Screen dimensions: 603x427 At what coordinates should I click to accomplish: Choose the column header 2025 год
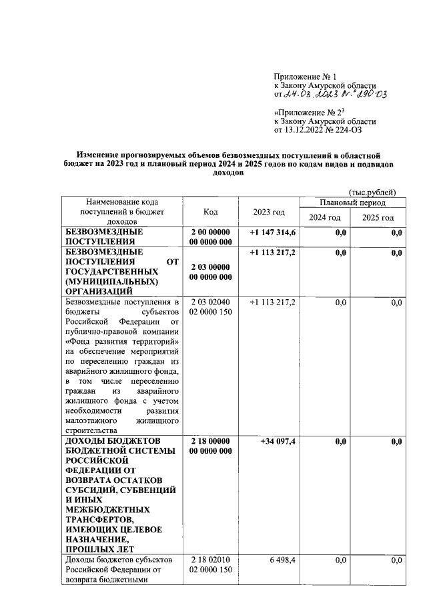tap(378, 218)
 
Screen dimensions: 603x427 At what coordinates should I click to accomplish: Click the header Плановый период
tap(352, 202)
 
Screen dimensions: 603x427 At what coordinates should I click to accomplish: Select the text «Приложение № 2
tap(308, 113)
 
